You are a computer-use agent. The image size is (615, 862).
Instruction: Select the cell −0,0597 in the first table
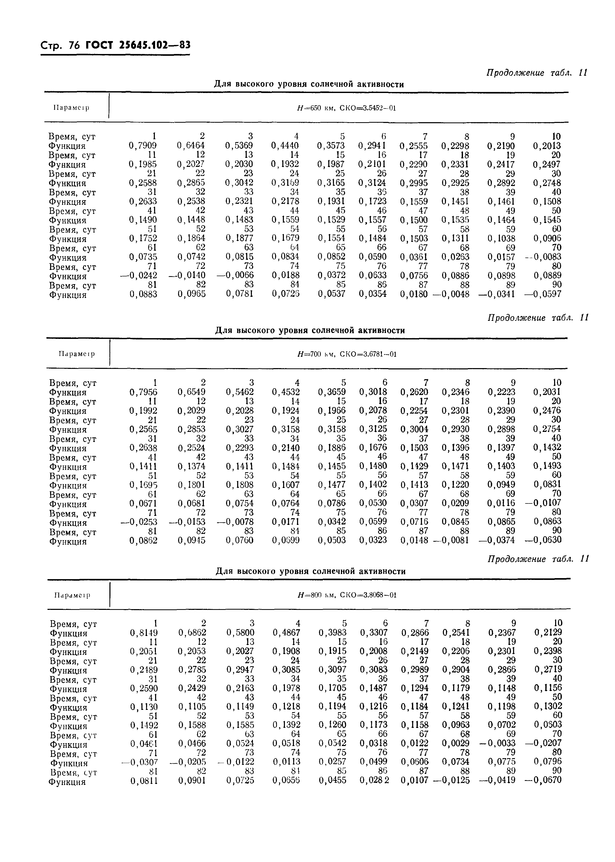point(543,294)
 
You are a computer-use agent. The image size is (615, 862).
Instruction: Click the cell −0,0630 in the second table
point(543,540)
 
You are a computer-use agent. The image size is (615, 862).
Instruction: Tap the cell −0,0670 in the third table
point(543,780)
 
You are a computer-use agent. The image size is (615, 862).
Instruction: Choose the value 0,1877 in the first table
point(239,238)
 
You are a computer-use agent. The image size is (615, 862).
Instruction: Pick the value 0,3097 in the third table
point(332,670)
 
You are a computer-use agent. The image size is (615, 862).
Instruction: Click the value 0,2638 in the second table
point(143,448)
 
